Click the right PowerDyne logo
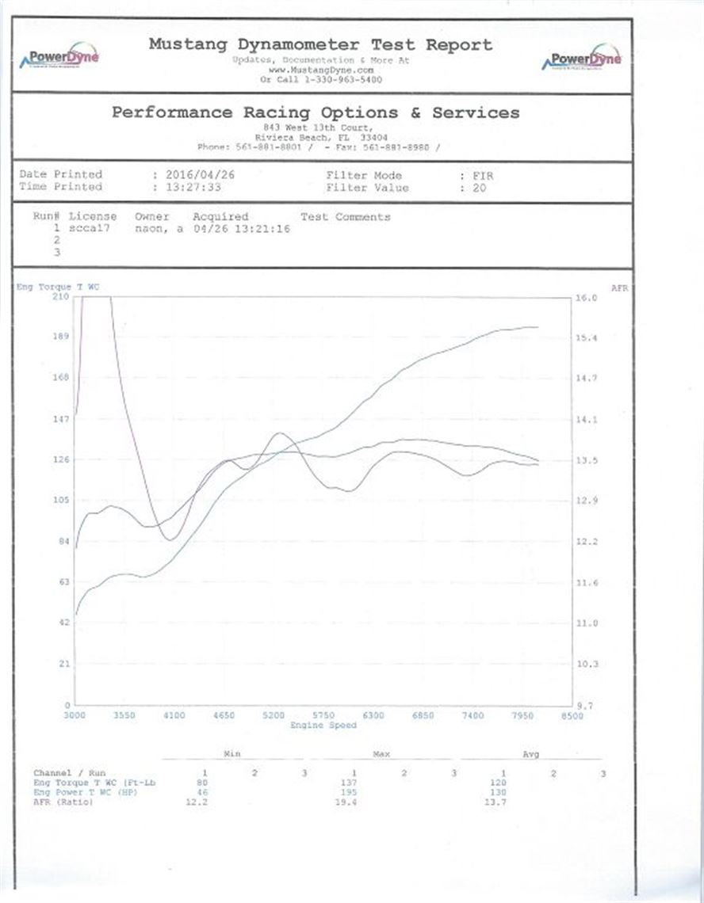[x=581, y=58]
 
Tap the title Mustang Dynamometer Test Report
[x=320, y=44]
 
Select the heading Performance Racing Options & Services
[x=316, y=112]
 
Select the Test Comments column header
[x=346, y=216]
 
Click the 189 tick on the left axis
[x=61, y=337]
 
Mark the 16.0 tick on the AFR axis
[x=587, y=297]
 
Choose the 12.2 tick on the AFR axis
[x=587, y=542]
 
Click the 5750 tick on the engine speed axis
[x=323, y=715]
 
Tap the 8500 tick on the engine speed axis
[x=572, y=715]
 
